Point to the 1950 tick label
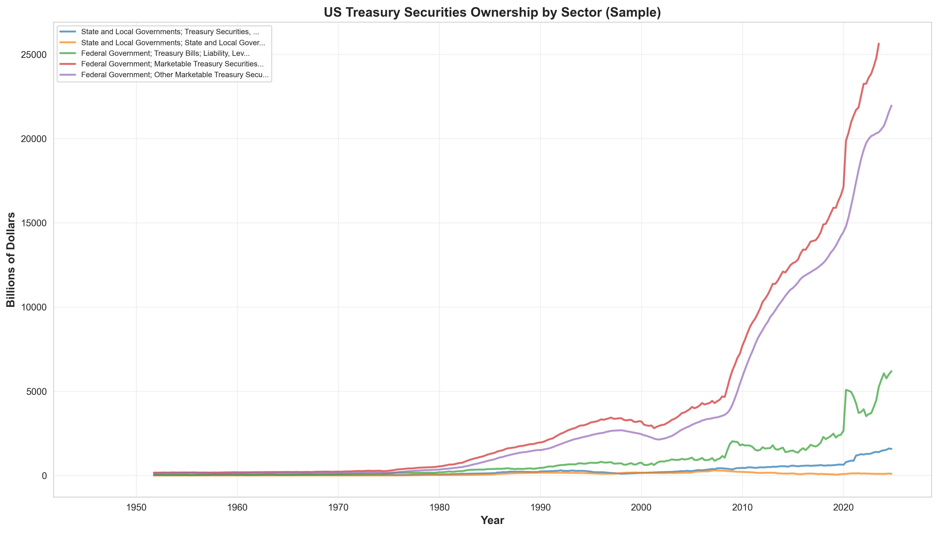click(136, 507)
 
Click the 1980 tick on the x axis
click(439, 507)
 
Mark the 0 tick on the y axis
click(44, 476)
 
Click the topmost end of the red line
click(879, 44)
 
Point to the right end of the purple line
click(891, 105)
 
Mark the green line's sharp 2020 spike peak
click(846, 390)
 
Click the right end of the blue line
click(891, 449)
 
